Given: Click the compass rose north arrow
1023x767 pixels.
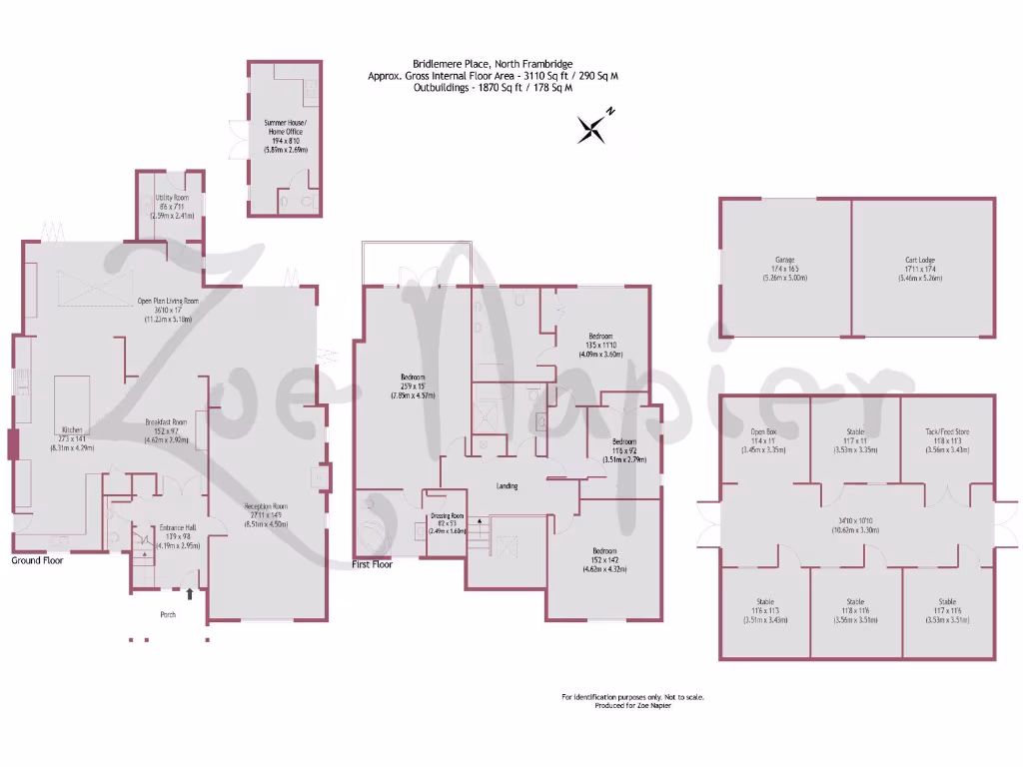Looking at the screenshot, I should pos(594,127).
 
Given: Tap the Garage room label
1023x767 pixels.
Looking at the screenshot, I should pos(783,260).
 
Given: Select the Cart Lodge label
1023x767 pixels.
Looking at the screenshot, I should pos(920,260).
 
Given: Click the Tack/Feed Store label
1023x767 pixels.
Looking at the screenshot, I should pos(947,431).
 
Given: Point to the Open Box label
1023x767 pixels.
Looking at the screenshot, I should pos(764,431).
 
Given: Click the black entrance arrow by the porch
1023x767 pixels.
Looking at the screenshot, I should pos(190,594).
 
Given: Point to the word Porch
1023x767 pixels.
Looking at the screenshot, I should pos(168,615).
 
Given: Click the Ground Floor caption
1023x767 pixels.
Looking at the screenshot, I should pos(38,561).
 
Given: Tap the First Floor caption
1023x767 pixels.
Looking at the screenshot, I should pos(373,564).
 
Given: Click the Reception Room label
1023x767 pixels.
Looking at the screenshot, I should pos(267,506).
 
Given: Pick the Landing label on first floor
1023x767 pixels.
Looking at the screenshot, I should pos(509,486).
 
